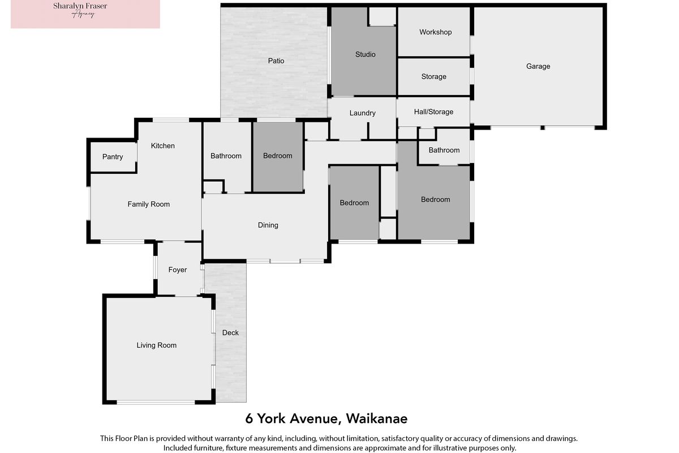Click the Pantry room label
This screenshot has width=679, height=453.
click(x=113, y=157)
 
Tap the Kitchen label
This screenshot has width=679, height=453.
click(x=163, y=146)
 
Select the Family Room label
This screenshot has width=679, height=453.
click(x=148, y=204)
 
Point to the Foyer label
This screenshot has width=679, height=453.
click(x=178, y=270)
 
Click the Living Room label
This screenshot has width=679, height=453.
click(x=156, y=345)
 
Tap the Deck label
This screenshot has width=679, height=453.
click(x=230, y=332)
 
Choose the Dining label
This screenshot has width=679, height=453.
click(x=268, y=225)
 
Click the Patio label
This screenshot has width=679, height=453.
click(x=276, y=61)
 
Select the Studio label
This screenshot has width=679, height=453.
click(x=366, y=54)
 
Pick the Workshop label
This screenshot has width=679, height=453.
click(x=436, y=32)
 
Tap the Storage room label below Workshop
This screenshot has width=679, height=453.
click(x=434, y=77)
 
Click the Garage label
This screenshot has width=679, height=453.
click(x=538, y=66)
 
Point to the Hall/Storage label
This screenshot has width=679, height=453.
click(x=434, y=112)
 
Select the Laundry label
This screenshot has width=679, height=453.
click(x=363, y=113)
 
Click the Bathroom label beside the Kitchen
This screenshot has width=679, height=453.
click(x=226, y=156)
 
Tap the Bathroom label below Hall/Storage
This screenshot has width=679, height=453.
click(x=444, y=150)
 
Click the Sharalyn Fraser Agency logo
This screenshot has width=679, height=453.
click(x=85, y=14)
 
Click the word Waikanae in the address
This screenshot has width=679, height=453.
click(x=377, y=418)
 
